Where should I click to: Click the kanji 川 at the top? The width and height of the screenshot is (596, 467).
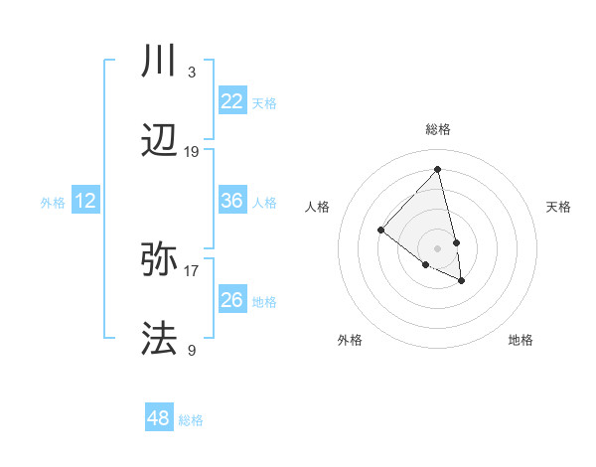[x=160, y=63]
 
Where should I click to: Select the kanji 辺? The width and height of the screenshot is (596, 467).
[x=160, y=143]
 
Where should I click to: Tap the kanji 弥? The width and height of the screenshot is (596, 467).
[x=160, y=260]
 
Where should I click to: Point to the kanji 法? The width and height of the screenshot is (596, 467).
[x=160, y=339]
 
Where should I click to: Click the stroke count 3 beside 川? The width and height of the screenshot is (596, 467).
[x=192, y=72]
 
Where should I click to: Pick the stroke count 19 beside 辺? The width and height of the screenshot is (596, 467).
[x=192, y=152]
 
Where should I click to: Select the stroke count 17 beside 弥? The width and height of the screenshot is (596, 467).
[x=192, y=269]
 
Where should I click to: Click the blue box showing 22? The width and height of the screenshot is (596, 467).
[x=231, y=101]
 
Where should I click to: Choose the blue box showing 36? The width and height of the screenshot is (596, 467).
[x=231, y=201]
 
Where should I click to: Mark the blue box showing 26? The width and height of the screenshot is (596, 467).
[x=231, y=300]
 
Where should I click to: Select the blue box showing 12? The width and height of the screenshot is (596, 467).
[x=85, y=201]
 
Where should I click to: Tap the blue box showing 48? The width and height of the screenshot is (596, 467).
[x=159, y=418]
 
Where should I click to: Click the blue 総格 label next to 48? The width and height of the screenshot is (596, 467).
[x=191, y=420]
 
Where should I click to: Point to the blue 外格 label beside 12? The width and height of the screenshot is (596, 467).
[x=53, y=203]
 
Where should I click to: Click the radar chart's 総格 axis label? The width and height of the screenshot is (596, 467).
[x=438, y=129]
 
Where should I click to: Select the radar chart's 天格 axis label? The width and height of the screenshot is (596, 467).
[x=558, y=207]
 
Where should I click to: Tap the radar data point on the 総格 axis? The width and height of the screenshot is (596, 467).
[x=438, y=169]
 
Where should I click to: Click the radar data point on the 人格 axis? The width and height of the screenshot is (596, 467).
[x=380, y=230]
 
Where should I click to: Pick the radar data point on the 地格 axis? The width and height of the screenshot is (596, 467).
[x=462, y=281]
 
